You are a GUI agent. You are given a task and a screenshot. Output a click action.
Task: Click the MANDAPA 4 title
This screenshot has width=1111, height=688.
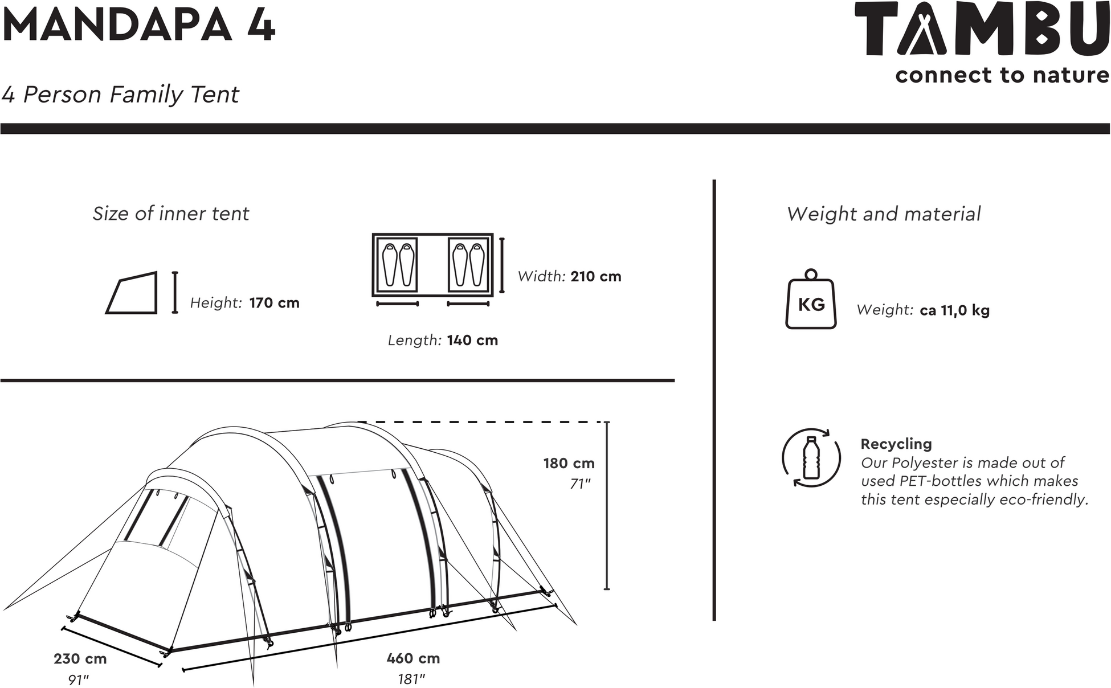138,26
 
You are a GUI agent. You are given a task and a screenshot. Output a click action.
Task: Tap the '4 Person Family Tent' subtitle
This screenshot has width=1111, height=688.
120,95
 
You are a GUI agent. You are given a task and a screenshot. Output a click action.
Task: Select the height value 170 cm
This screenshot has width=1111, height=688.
274,303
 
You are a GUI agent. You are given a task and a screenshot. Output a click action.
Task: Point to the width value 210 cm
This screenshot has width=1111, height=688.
596,277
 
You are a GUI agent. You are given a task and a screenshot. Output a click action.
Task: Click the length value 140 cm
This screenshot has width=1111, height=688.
472,341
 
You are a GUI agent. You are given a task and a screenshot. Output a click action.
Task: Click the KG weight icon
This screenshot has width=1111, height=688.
811,299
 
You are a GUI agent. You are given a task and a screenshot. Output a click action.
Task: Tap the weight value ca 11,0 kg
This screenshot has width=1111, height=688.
955,311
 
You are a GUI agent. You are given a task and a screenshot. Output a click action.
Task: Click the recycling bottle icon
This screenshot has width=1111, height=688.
811,458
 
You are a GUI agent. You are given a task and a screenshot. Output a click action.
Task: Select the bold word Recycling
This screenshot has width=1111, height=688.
896,444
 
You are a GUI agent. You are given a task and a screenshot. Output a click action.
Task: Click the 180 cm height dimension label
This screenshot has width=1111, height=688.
569,464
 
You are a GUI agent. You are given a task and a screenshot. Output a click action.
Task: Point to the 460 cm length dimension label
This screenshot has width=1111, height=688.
413,659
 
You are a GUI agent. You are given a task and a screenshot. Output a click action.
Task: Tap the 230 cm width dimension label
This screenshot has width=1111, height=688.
80,659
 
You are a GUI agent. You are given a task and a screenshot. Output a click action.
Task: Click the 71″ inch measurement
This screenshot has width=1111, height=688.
581,484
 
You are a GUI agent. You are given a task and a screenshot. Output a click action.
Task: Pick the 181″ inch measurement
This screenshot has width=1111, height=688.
412,679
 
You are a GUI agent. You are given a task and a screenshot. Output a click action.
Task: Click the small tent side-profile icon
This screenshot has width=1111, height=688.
132,293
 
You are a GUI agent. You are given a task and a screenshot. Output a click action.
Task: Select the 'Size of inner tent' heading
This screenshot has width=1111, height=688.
171,214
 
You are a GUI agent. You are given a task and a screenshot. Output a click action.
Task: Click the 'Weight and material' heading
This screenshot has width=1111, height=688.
884,215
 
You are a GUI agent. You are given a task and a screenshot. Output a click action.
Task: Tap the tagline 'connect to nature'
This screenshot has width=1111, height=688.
1003,76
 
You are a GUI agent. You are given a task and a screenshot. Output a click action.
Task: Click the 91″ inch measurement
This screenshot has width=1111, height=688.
79,680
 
